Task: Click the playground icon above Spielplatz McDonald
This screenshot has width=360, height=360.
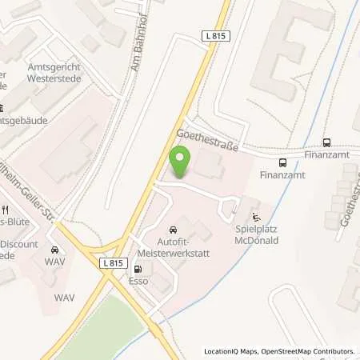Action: coord(256,216)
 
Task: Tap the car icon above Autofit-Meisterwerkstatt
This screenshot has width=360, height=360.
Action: coord(174,228)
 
